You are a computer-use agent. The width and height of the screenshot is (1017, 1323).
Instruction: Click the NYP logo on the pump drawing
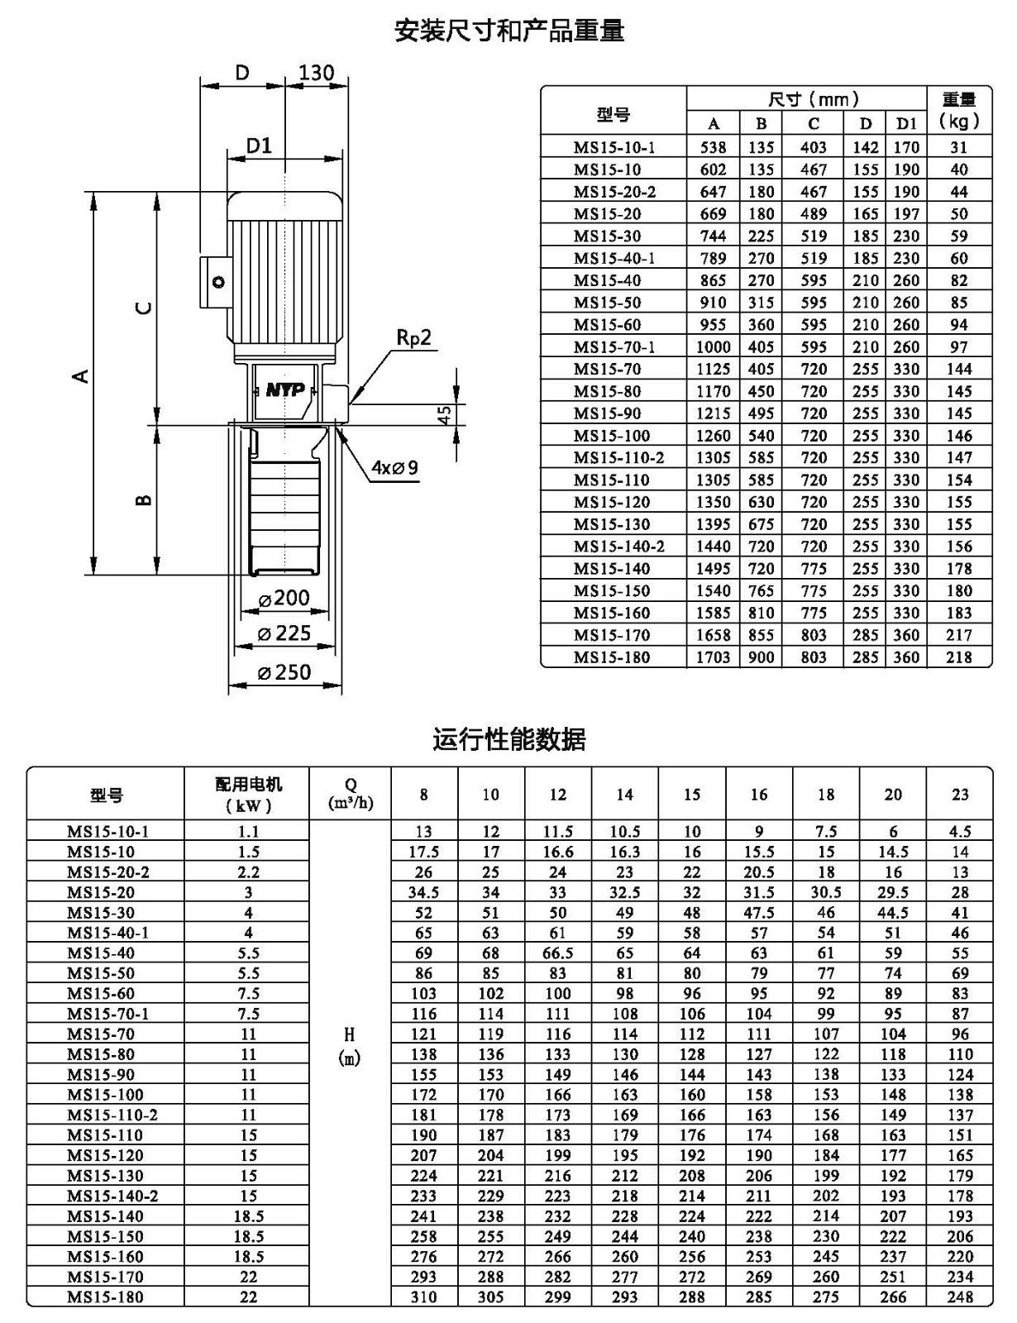tap(284, 390)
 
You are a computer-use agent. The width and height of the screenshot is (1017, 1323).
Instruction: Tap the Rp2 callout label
tap(413, 337)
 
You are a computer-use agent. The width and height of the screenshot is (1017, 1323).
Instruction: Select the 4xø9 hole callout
tap(394, 467)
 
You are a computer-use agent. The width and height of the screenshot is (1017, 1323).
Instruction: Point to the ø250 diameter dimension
tap(284, 672)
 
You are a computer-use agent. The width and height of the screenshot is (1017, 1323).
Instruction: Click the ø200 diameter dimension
tap(284, 598)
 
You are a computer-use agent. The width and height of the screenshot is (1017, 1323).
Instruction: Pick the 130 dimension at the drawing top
tap(317, 73)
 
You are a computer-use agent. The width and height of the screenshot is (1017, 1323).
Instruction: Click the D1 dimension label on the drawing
tap(259, 146)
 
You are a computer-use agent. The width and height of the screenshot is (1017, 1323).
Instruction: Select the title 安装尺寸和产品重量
tap(509, 31)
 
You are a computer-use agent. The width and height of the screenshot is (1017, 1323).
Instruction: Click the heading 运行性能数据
tap(508, 739)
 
